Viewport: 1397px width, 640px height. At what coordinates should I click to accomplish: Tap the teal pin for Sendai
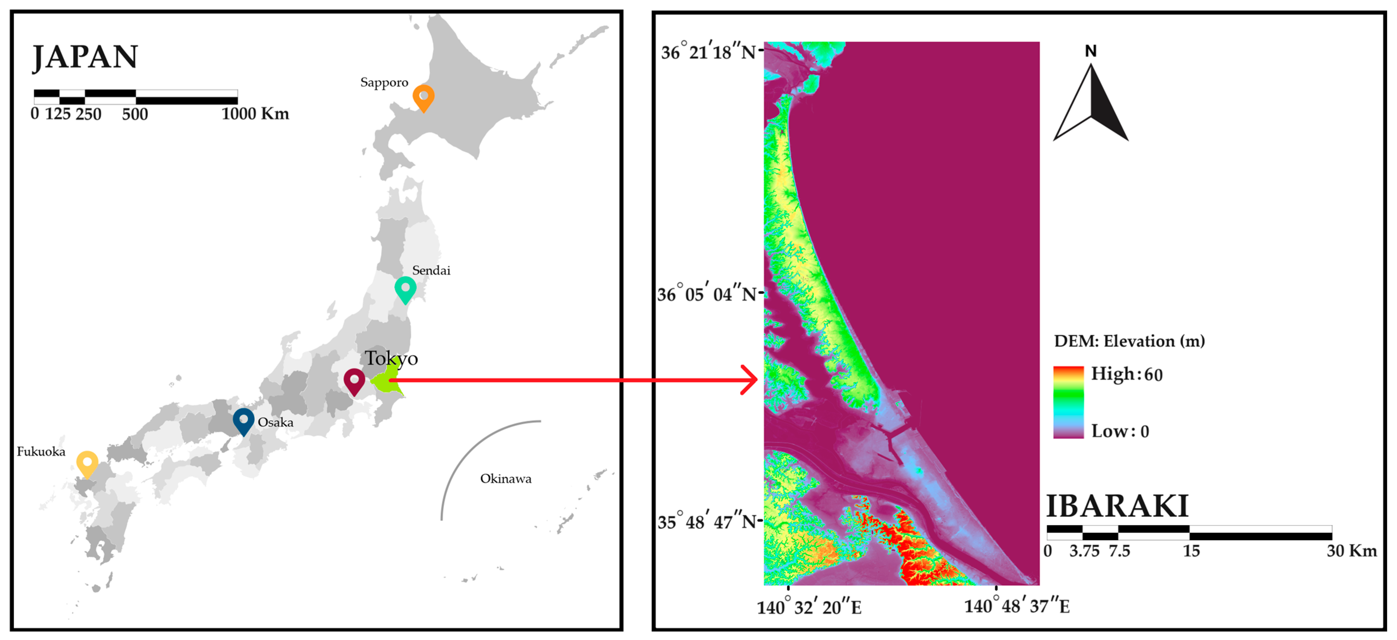pyautogui.click(x=405, y=288)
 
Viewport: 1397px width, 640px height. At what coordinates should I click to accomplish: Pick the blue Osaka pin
pyautogui.click(x=243, y=420)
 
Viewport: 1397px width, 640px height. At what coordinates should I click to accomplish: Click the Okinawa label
pyautogui.click(x=505, y=479)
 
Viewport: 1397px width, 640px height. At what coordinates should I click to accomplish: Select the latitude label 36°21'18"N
pyautogui.click(x=708, y=52)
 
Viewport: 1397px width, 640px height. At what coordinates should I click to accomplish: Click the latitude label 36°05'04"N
pyautogui.click(x=706, y=294)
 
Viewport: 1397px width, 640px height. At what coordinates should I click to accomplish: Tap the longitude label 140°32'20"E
pyautogui.click(x=808, y=607)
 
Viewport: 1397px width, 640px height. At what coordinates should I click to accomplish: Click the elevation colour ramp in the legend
pyautogui.click(x=1068, y=402)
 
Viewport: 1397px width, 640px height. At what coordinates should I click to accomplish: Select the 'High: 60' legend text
pyautogui.click(x=1126, y=374)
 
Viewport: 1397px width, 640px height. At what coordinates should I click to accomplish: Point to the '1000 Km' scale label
pyautogui.click(x=255, y=114)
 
